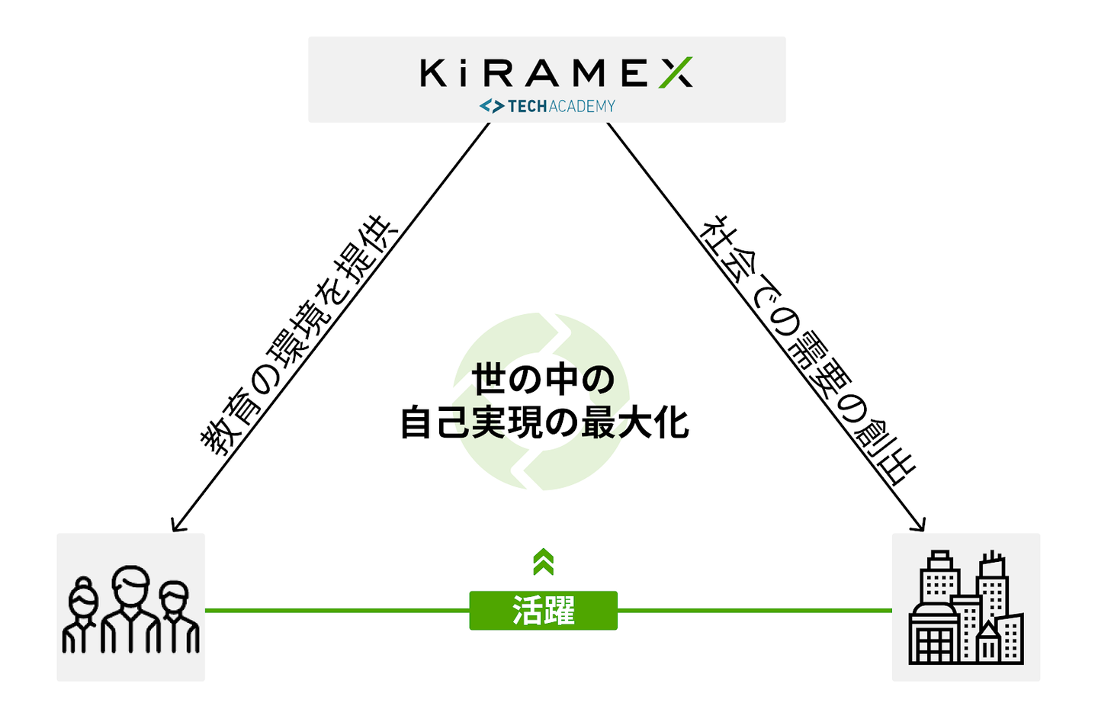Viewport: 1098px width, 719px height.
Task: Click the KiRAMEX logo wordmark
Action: pyautogui.click(x=556, y=73)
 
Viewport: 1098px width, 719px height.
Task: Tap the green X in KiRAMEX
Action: pyautogui.click(x=676, y=73)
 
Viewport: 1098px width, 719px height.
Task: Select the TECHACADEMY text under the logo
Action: pyautogui.click(x=561, y=107)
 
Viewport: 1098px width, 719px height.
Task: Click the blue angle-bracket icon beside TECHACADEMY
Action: pyautogui.click(x=491, y=107)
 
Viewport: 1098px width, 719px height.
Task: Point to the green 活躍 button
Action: pyautogui.click(x=543, y=611)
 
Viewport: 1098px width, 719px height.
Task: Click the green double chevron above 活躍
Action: pyautogui.click(x=543, y=563)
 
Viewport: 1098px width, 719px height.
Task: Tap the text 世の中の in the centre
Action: pyautogui.click(x=543, y=380)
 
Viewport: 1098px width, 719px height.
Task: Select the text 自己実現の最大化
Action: pyautogui.click(x=544, y=423)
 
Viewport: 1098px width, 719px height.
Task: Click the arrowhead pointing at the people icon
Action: pyautogui.click(x=176, y=525)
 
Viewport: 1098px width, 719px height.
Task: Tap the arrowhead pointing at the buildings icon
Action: pyautogui.click(x=920, y=525)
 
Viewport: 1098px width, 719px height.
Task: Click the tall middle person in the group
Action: pyautogui.click(x=130, y=610)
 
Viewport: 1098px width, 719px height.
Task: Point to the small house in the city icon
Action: pyautogui.click(x=988, y=642)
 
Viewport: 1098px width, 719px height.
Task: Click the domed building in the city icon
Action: pyautogui.click(x=933, y=634)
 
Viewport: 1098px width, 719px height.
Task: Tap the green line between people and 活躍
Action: pyautogui.click(x=336, y=610)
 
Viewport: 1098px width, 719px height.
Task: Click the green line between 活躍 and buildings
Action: pyautogui.click(x=754, y=610)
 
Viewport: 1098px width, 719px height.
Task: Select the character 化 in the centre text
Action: pyautogui.click(x=671, y=423)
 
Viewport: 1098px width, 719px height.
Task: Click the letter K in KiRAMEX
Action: pyautogui.click(x=433, y=73)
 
